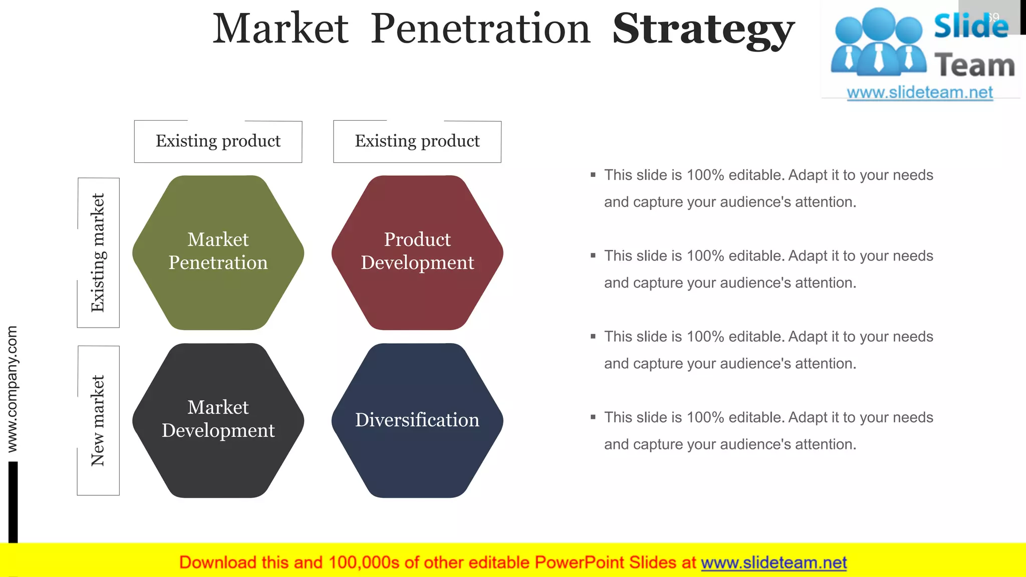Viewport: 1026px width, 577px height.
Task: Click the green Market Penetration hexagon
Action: (x=218, y=252)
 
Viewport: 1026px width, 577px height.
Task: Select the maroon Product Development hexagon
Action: (x=417, y=252)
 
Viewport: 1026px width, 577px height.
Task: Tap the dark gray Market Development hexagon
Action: (x=218, y=420)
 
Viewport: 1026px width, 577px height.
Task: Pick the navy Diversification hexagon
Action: (x=417, y=420)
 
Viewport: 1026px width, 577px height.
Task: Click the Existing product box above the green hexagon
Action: (x=218, y=141)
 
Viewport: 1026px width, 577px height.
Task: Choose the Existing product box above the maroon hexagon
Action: (x=417, y=141)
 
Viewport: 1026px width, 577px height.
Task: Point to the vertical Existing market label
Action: (x=98, y=252)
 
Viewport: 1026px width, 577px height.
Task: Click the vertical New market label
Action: (x=98, y=420)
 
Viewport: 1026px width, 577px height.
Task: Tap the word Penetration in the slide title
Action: (x=481, y=29)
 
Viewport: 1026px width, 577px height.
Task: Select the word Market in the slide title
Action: (x=281, y=29)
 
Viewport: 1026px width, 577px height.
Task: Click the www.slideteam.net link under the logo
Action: (x=920, y=93)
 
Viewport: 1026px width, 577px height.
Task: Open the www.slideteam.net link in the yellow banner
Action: (x=774, y=562)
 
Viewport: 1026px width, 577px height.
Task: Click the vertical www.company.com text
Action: (x=12, y=389)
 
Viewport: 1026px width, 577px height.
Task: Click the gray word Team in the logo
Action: (x=974, y=66)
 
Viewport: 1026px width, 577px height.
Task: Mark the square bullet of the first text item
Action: (x=593, y=175)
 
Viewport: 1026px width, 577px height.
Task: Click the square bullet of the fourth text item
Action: (x=593, y=417)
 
